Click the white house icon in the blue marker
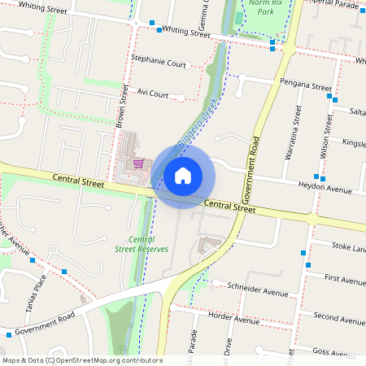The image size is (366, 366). click(x=183, y=176)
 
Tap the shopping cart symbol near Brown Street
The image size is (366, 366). click(x=139, y=163)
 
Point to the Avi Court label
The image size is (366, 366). click(x=152, y=94)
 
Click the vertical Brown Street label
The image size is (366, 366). click(x=122, y=107)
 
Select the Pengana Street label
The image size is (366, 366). click(x=306, y=85)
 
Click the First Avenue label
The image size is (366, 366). click(x=344, y=279)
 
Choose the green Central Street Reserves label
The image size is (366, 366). click(x=142, y=244)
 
